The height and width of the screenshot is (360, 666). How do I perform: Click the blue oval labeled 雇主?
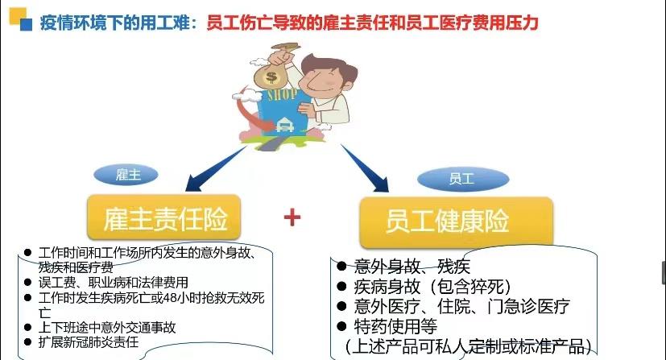[126, 175]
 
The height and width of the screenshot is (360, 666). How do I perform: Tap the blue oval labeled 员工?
[463, 179]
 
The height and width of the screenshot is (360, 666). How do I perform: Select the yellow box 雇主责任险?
[164, 217]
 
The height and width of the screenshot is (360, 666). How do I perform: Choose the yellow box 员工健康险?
[456, 221]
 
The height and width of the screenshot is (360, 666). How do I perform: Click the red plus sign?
[292, 217]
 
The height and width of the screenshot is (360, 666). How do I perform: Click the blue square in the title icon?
[26, 24]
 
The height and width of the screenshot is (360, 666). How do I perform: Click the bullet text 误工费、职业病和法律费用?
[113, 283]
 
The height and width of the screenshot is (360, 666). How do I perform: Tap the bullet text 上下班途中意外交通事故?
[107, 327]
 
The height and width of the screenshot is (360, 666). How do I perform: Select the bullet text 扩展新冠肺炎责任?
[89, 342]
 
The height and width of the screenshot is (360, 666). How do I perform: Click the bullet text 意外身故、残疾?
[412, 267]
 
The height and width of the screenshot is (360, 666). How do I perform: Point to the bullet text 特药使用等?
[395, 326]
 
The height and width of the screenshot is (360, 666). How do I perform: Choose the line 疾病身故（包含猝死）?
[432, 287]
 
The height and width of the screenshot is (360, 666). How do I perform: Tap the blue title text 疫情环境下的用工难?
[114, 23]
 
